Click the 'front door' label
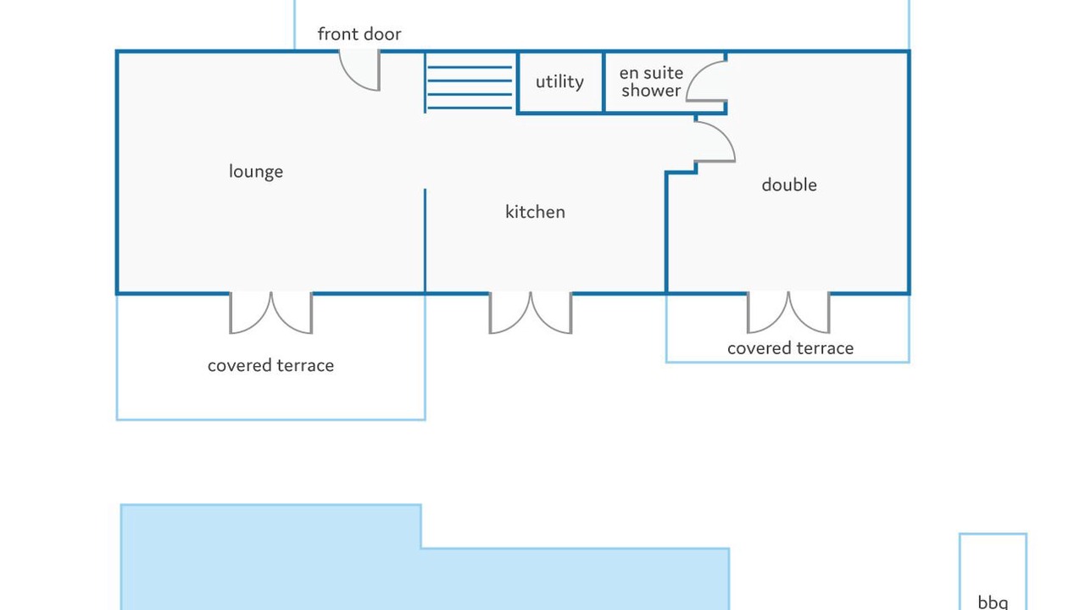(x=359, y=34)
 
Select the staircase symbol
(x=470, y=82)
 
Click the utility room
(x=559, y=82)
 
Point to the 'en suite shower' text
(x=651, y=81)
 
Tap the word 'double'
(x=788, y=185)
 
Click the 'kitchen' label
(x=535, y=212)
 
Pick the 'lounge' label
(x=256, y=171)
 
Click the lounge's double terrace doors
(x=271, y=313)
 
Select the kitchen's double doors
(x=531, y=313)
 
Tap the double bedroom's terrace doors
(x=788, y=313)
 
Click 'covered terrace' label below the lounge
(x=270, y=365)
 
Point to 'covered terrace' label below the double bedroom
(x=790, y=348)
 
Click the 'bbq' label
(x=993, y=602)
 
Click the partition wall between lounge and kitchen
(x=425, y=241)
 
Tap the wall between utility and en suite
(x=604, y=82)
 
